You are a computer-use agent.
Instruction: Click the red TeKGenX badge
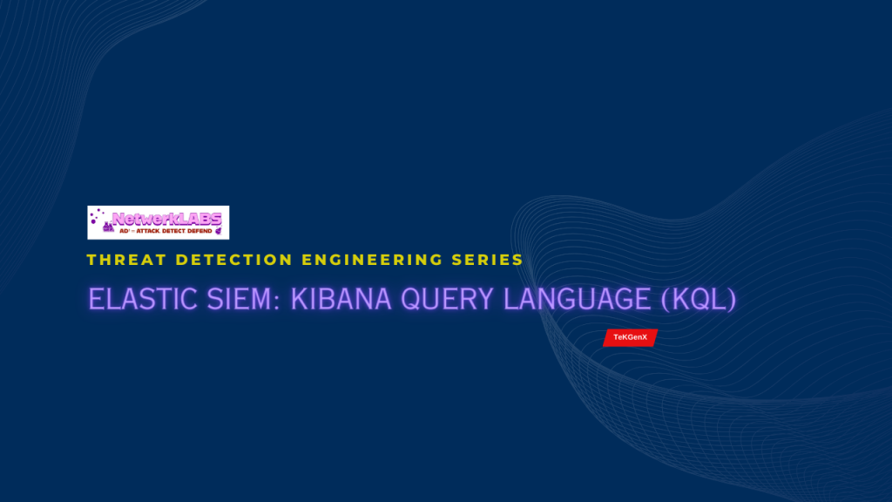pos(630,337)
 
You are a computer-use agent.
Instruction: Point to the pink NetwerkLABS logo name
pos(166,218)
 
